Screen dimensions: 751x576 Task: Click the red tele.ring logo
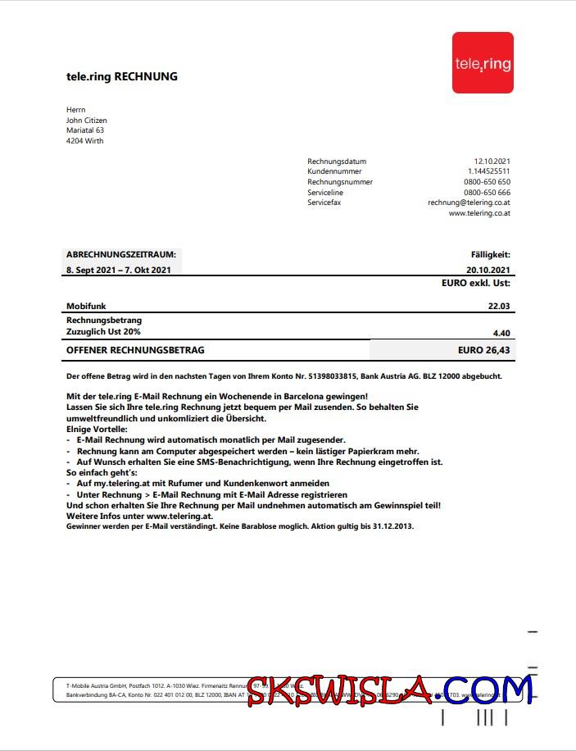483,62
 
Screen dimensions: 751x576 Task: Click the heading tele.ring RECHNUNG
121,77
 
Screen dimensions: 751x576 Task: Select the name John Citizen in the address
86,121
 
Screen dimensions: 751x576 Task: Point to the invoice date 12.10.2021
492,162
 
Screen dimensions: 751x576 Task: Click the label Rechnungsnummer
339,182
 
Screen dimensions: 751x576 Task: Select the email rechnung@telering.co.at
469,203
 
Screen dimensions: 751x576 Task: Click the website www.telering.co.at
479,213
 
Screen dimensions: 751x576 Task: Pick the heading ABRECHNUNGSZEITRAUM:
120,255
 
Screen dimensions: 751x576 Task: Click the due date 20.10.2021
488,270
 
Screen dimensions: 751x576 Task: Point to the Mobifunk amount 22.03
499,306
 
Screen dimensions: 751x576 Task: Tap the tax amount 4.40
501,332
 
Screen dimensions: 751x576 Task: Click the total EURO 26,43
483,350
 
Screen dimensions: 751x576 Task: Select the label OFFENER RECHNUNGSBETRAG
135,350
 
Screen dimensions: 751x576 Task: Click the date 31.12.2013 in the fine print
394,526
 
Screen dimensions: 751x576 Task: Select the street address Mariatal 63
84,130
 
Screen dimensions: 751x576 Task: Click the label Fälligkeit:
490,255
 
